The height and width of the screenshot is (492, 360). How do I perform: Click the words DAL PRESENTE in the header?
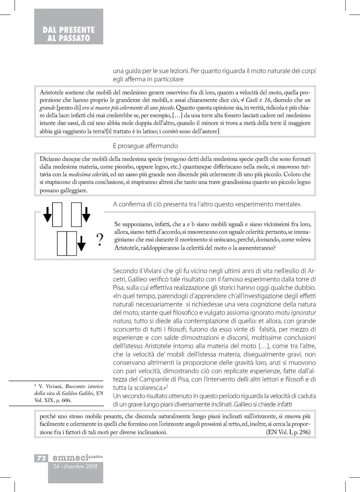pos(69,30)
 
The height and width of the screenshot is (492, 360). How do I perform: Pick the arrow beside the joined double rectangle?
pos(81,243)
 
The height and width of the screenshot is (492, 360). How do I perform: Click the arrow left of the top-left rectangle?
pos(47,214)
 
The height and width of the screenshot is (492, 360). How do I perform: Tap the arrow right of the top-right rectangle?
pos(86,214)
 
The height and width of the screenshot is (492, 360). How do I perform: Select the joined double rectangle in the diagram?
pos(67,243)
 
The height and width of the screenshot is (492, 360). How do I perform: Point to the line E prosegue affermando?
pos(145,146)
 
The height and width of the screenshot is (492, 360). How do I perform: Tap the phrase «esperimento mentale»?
pos(268,205)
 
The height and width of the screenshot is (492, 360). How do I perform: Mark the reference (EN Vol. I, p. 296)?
pos(288,432)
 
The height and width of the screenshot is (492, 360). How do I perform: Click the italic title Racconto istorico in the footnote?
pos(84,386)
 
